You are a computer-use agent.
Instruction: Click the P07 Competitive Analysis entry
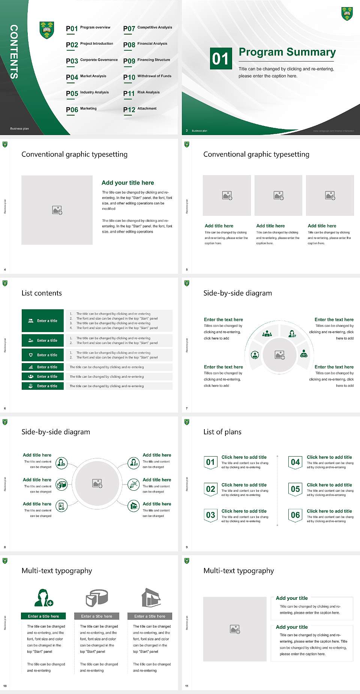(148, 28)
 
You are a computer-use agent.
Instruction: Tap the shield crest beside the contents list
(46, 30)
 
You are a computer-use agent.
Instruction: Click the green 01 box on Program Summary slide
(220, 59)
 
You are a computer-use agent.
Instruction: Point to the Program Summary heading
(287, 52)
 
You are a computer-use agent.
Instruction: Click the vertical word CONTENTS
(14, 52)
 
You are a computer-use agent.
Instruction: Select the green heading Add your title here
(127, 183)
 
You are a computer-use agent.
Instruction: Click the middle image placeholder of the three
(278, 195)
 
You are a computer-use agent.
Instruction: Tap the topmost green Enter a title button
(43, 321)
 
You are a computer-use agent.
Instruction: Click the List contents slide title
(42, 293)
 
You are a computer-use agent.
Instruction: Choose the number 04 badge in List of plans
(295, 462)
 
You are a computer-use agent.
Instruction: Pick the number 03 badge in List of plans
(210, 515)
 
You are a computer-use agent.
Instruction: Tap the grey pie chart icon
(97, 598)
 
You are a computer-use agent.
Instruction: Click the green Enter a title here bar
(43, 616)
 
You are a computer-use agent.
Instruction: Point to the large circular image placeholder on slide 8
(97, 483)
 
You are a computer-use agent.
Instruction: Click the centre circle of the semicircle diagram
(279, 355)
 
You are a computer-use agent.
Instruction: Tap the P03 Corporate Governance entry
(92, 61)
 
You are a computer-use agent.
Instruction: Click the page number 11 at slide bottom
(187, 686)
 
